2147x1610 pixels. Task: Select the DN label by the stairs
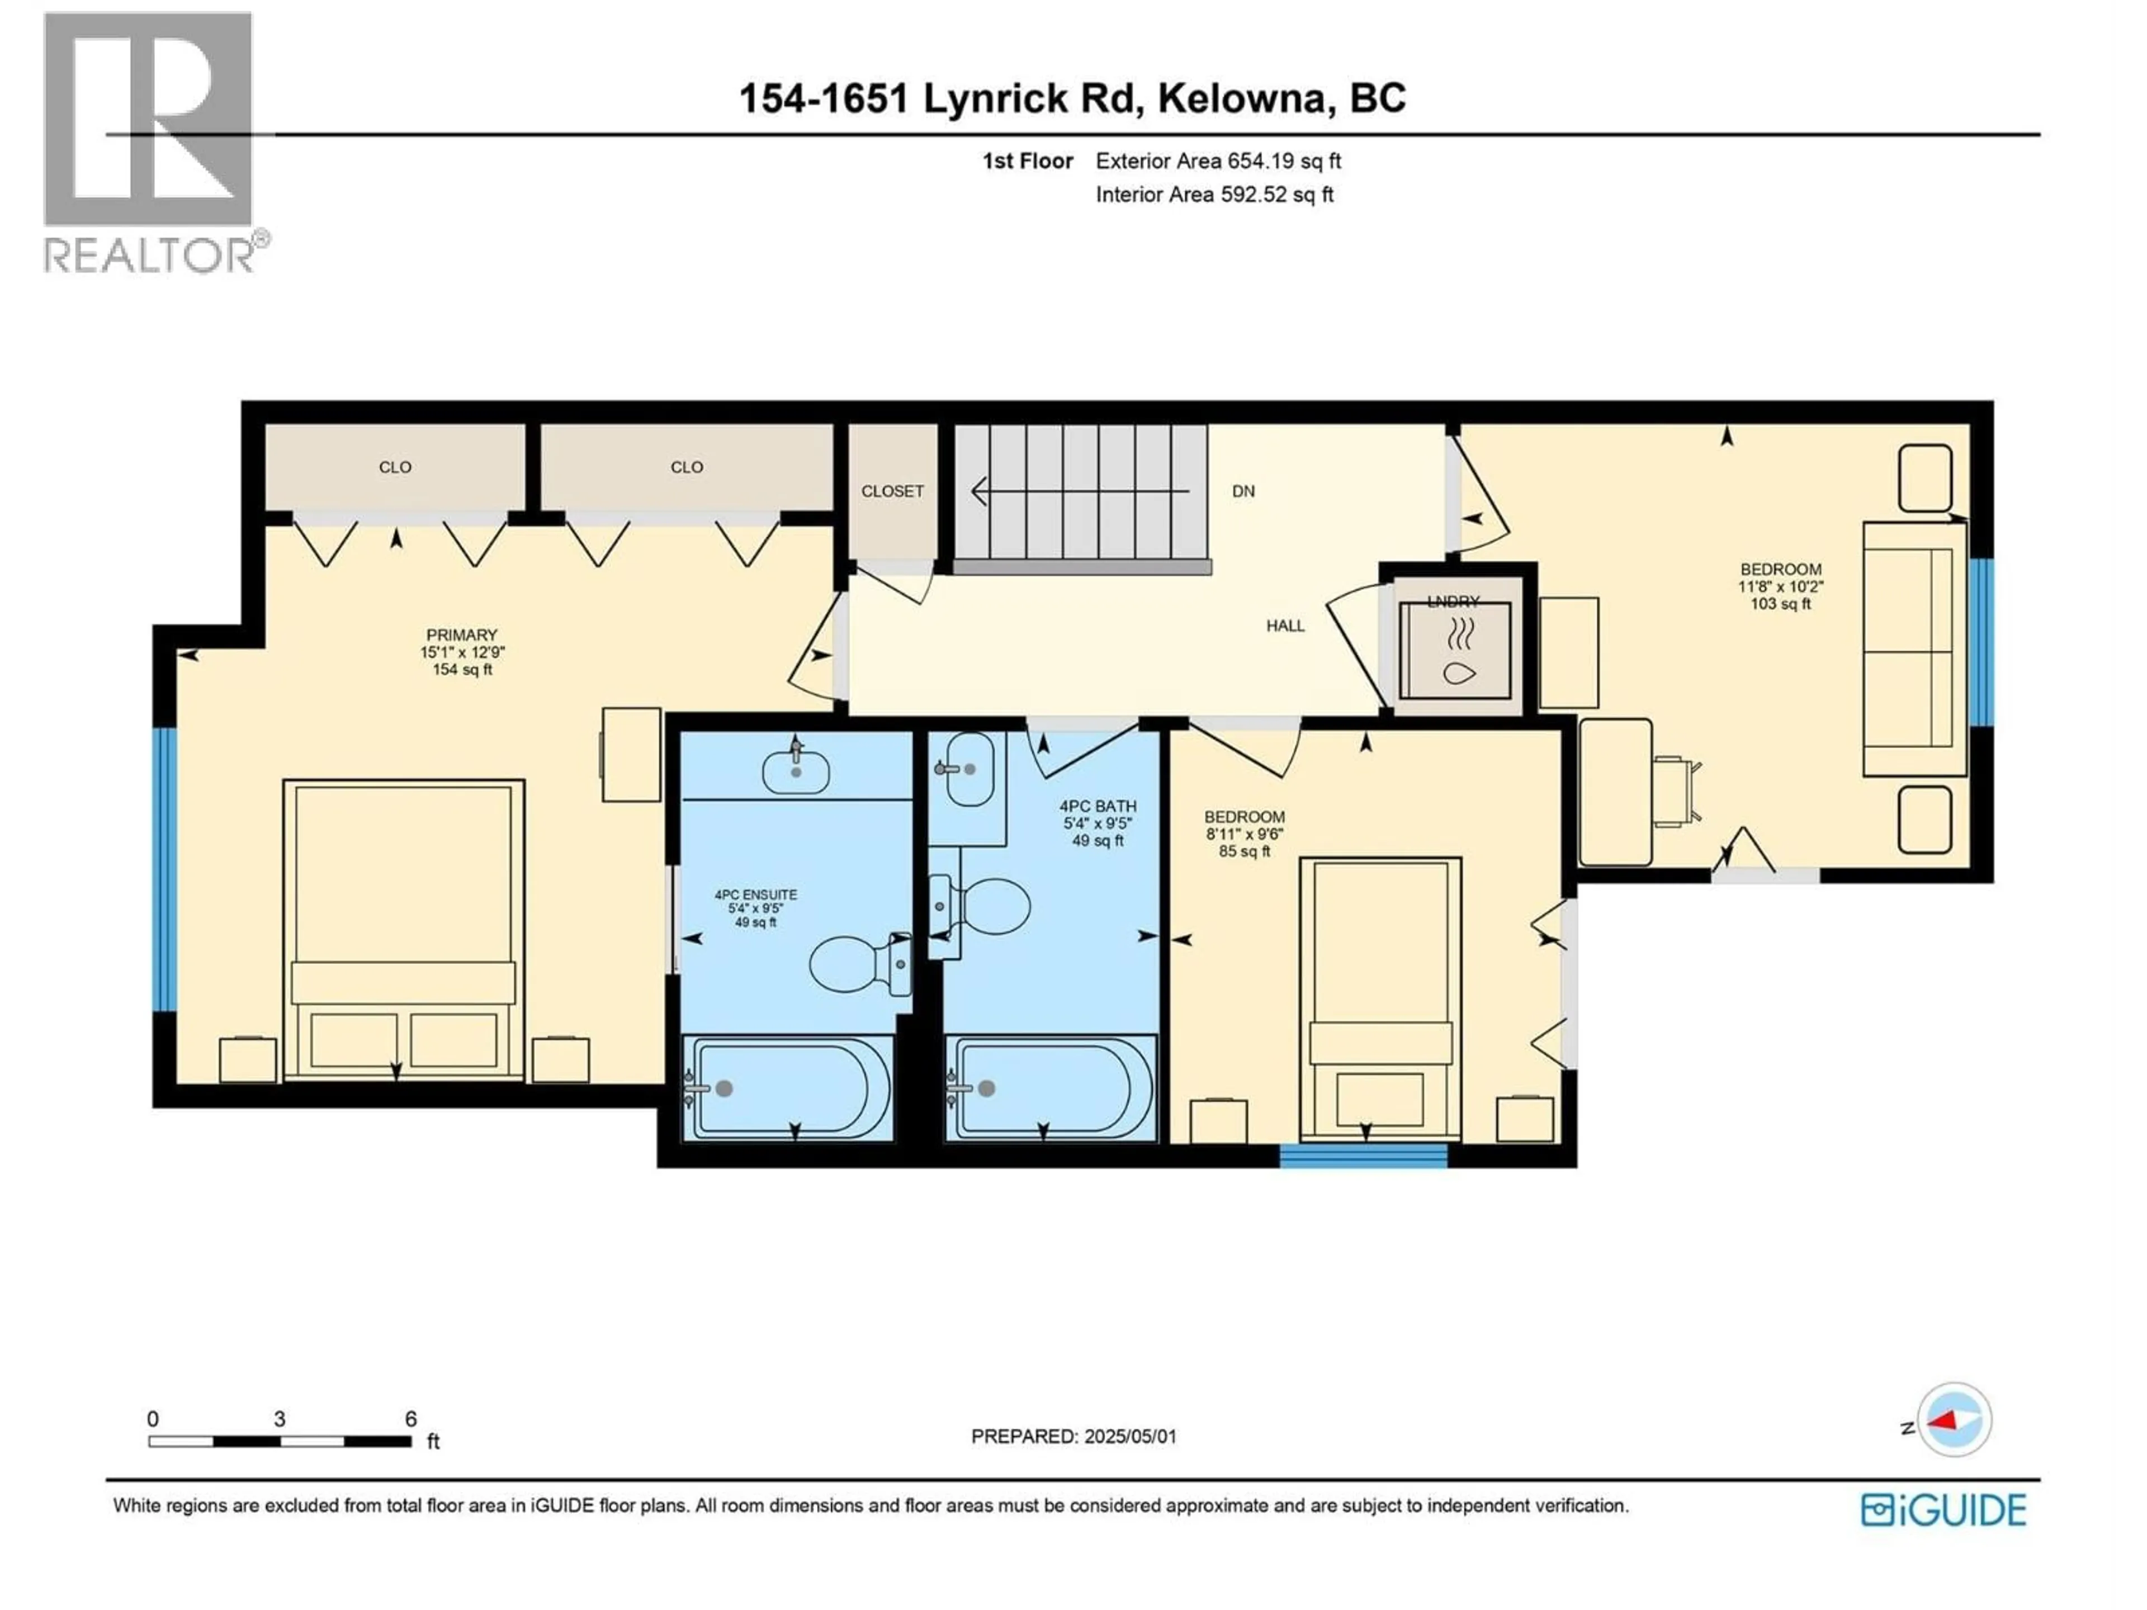pyautogui.click(x=1243, y=491)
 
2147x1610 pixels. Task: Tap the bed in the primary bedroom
pyautogui.click(x=403, y=927)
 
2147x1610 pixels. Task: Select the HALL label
pyautogui.click(x=1284, y=626)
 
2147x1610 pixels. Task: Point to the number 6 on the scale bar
pyautogui.click(x=410, y=1419)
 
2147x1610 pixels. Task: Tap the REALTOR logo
pyautogui.click(x=150, y=141)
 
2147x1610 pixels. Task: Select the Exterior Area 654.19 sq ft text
pyautogui.click(x=1218, y=161)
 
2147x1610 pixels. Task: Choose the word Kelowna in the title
pyautogui.click(x=1241, y=98)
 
